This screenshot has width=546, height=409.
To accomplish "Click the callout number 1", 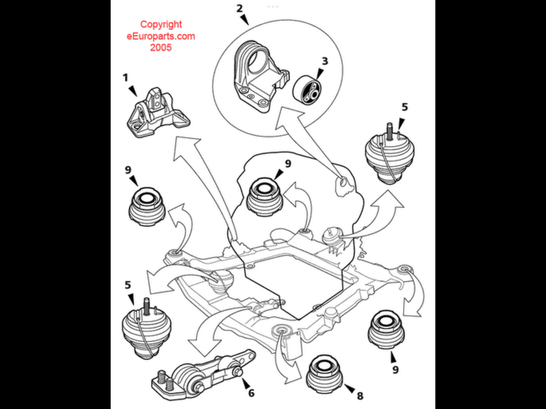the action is [125, 78].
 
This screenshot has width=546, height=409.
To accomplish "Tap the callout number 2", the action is [239, 8].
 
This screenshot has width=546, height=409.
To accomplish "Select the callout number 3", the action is [325, 61].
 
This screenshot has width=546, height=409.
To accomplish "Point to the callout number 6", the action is [251, 393].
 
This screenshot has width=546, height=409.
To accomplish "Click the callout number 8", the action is [360, 395].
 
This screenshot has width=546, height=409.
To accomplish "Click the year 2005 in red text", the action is [161, 48].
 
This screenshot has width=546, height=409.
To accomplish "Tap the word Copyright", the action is [161, 25].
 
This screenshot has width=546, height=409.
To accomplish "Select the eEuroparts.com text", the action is [161, 36].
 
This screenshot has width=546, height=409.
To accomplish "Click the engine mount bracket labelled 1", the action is [158, 112].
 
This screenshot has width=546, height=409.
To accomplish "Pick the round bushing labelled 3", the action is [306, 89].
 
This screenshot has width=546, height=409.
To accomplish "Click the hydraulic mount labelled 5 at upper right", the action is [389, 153].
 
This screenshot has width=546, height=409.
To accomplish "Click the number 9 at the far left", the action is [128, 170].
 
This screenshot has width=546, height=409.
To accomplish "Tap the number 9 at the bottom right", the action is [395, 369].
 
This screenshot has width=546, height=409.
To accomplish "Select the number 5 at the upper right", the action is [404, 107].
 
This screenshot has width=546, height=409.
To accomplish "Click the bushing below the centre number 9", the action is [264, 197].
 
